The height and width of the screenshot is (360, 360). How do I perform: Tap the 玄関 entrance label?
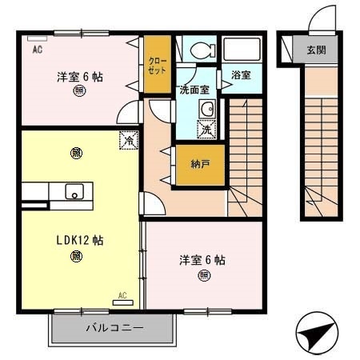click(317, 50)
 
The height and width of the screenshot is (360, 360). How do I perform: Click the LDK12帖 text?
click(78, 240)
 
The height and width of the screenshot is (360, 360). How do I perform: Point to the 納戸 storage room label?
click(201, 165)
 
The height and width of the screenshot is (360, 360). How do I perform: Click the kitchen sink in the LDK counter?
click(74, 191)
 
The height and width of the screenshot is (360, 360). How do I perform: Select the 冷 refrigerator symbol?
click(128, 140)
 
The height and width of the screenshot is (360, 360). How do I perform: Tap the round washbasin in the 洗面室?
click(206, 110)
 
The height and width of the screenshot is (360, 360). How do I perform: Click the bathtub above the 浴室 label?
click(242, 50)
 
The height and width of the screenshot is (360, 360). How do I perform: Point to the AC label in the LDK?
click(122, 295)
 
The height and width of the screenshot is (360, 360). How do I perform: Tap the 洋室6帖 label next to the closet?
click(80, 78)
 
